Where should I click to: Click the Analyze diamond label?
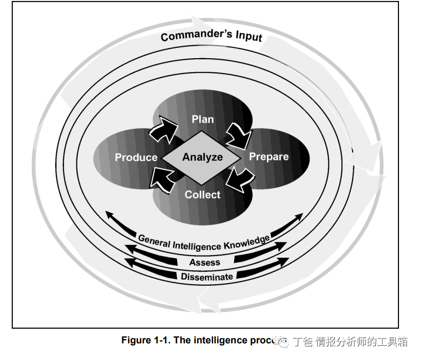point(202,157)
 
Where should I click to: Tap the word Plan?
point(202,119)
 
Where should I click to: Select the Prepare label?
point(269,157)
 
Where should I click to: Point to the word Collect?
point(202,194)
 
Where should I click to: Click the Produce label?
point(136,157)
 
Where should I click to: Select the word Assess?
point(205,262)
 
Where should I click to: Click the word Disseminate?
point(207,276)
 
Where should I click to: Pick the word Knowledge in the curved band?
point(246,242)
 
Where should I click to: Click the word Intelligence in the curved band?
point(198,245)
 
